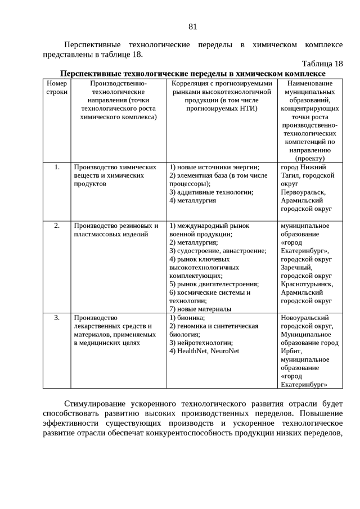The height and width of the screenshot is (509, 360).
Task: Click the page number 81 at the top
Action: [x=192, y=26]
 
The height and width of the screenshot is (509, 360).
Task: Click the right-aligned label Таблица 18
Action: [x=322, y=64]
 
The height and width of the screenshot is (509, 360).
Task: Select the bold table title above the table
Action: [x=192, y=73]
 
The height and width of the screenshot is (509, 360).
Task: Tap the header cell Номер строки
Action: [x=56, y=87]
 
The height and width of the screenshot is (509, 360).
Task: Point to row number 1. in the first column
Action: [x=57, y=167]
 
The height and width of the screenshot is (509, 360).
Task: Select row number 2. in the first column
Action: [x=57, y=226]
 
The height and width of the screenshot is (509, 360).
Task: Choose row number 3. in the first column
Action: [x=57, y=318]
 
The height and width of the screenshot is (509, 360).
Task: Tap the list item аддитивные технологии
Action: [x=211, y=192]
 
